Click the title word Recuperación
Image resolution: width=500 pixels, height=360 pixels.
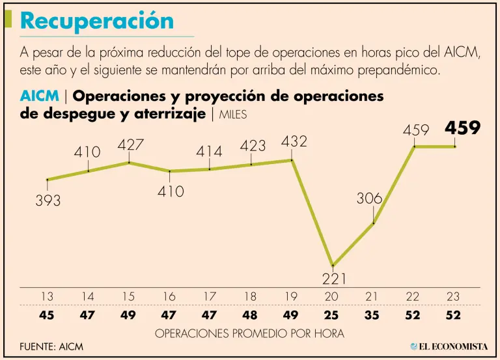point(97,21)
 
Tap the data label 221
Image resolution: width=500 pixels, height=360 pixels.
point(334,279)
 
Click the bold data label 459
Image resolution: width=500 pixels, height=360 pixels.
point(462,128)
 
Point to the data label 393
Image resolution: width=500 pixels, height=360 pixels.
point(48,201)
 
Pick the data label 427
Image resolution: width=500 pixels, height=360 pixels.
point(130,145)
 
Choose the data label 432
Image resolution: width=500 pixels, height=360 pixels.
point(294,141)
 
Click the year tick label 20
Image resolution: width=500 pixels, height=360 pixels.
point(332,296)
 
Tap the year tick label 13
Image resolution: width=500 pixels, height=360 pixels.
point(47,296)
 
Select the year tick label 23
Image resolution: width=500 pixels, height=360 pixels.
point(454,296)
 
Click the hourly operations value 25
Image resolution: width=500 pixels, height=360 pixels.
point(332,316)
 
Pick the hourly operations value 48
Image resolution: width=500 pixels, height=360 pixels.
point(251,316)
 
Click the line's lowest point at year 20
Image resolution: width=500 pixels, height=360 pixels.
point(333,265)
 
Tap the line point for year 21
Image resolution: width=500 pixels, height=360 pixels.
point(373,223)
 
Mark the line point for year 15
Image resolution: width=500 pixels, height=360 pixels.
point(129,162)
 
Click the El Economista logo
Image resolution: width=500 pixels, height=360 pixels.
point(449,346)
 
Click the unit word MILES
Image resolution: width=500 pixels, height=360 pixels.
point(238,115)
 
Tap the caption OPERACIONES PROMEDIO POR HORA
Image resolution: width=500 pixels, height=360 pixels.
point(250,333)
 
